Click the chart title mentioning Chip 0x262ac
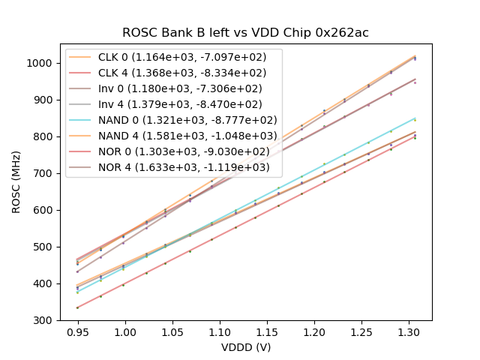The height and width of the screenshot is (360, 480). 246,33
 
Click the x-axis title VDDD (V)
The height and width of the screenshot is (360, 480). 245,348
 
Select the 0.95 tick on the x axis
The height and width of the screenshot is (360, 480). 77,331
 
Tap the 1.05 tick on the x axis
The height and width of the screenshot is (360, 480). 172,331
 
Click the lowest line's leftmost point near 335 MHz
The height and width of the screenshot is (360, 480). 77,307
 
